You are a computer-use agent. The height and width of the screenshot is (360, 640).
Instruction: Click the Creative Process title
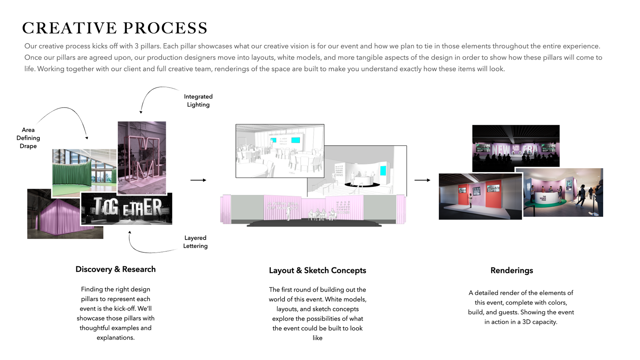click(115, 28)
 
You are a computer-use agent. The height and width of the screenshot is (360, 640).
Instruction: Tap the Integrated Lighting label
click(198, 101)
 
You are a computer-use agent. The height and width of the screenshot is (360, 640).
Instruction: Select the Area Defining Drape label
click(28, 138)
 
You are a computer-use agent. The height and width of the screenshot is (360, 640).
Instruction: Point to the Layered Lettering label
click(195, 242)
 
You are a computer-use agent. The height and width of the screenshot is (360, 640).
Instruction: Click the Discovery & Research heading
click(116, 269)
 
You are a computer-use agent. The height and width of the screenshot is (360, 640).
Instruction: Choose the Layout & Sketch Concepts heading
click(317, 270)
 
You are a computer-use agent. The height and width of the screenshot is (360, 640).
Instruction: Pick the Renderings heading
click(511, 270)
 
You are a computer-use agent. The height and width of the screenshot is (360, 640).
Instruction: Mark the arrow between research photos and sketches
click(198, 180)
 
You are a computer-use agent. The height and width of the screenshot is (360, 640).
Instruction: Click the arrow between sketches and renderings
click(422, 180)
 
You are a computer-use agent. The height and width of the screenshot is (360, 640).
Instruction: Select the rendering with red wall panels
click(480, 197)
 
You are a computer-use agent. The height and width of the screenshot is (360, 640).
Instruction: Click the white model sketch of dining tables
click(280, 151)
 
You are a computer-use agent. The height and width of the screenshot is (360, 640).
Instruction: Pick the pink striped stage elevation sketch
click(313, 210)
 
